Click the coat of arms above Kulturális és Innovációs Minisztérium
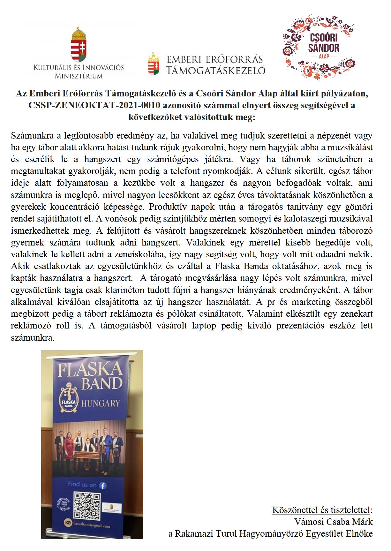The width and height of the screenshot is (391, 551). tap(79, 45)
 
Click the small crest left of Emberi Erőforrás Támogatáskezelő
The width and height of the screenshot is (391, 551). tap(154, 64)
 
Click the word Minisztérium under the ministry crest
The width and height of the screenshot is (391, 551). tap(79, 76)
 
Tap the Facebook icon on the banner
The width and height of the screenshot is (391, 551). tap(103, 486)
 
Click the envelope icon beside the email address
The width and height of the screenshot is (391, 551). tap(68, 523)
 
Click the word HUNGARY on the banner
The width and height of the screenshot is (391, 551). tap(101, 403)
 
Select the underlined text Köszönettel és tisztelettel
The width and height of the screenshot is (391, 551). tap(321, 510)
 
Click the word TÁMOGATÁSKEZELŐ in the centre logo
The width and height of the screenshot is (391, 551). tap(216, 70)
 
